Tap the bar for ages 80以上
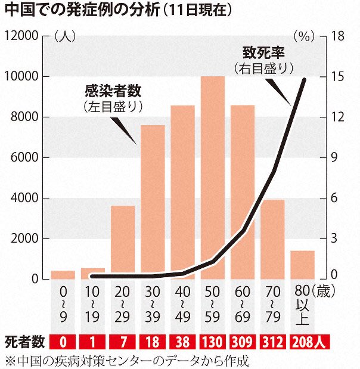coord(302,265)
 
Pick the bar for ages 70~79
coord(272,238)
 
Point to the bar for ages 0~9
coord(63,275)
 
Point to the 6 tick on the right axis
coord(337,198)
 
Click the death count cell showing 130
coord(212,342)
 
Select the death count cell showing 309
coord(242,342)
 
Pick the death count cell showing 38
coord(182,342)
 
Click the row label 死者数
coord(24,342)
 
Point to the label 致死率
coord(263,52)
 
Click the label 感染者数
coord(112,91)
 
